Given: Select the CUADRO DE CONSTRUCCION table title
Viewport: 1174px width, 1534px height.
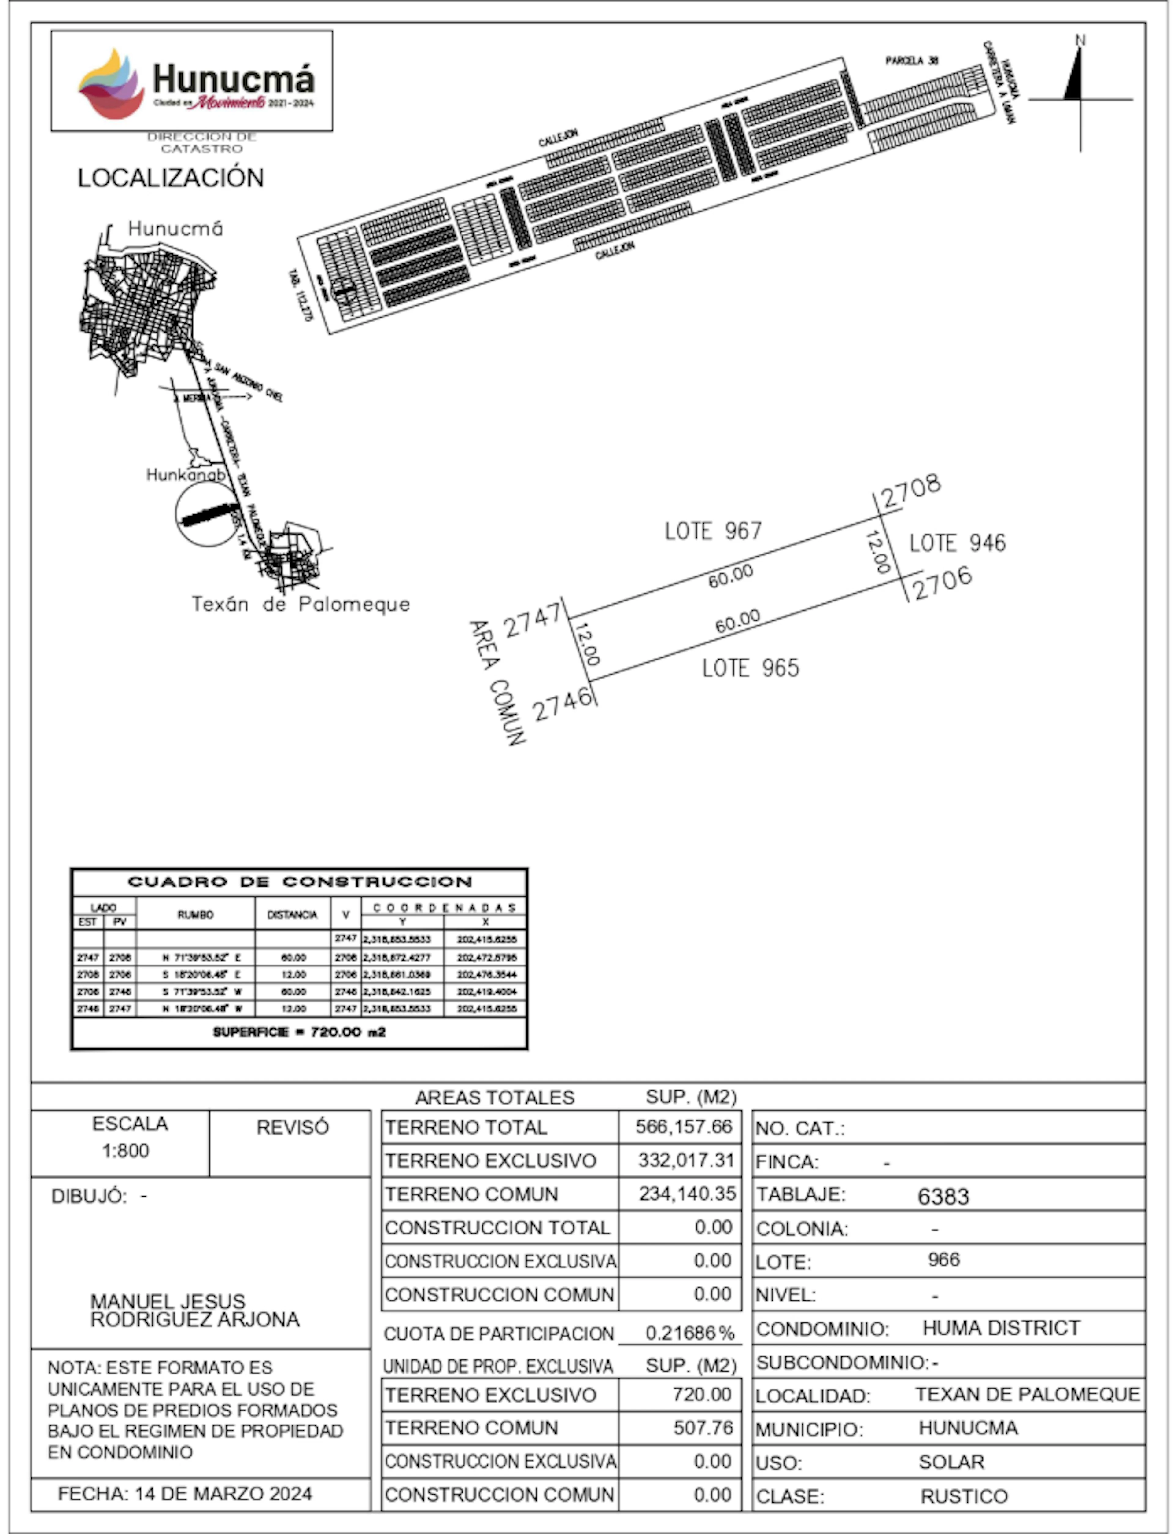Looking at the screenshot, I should pos(299,881).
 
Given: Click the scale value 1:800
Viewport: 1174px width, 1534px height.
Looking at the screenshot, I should pos(126,1150).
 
